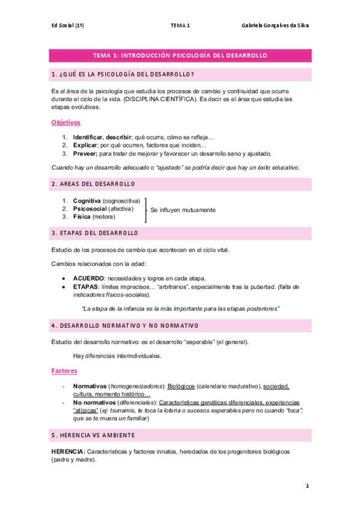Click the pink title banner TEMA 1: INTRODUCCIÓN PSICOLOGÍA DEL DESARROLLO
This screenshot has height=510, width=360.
tap(180, 55)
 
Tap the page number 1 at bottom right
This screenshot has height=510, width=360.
tap(307, 486)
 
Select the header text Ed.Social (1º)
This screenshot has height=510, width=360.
tap(67, 26)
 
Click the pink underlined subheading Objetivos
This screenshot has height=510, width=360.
tap(66, 122)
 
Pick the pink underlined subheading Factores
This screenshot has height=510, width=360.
tap(65, 371)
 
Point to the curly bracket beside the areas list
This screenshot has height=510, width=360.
tap(145, 209)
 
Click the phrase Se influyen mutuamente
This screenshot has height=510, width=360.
tap(183, 210)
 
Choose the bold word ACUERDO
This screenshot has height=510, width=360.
tap(88, 278)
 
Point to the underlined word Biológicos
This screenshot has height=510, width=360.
tap(181, 386)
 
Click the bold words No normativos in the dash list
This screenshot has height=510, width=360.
tap(95, 402)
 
